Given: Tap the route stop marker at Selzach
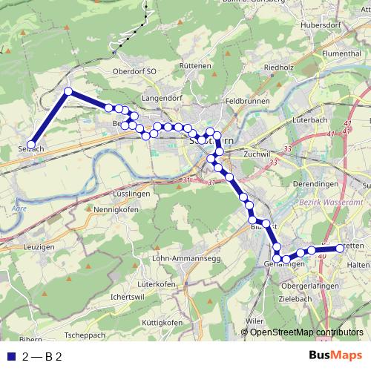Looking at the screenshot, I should (31, 145).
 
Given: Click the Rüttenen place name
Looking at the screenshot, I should (196, 66).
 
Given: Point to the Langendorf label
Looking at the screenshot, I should (162, 97).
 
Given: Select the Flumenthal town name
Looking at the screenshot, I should (341, 53).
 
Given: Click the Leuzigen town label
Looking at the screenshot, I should (39, 246).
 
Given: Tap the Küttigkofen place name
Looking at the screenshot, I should (162, 324).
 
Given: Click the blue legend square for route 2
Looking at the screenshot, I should (10, 356).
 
